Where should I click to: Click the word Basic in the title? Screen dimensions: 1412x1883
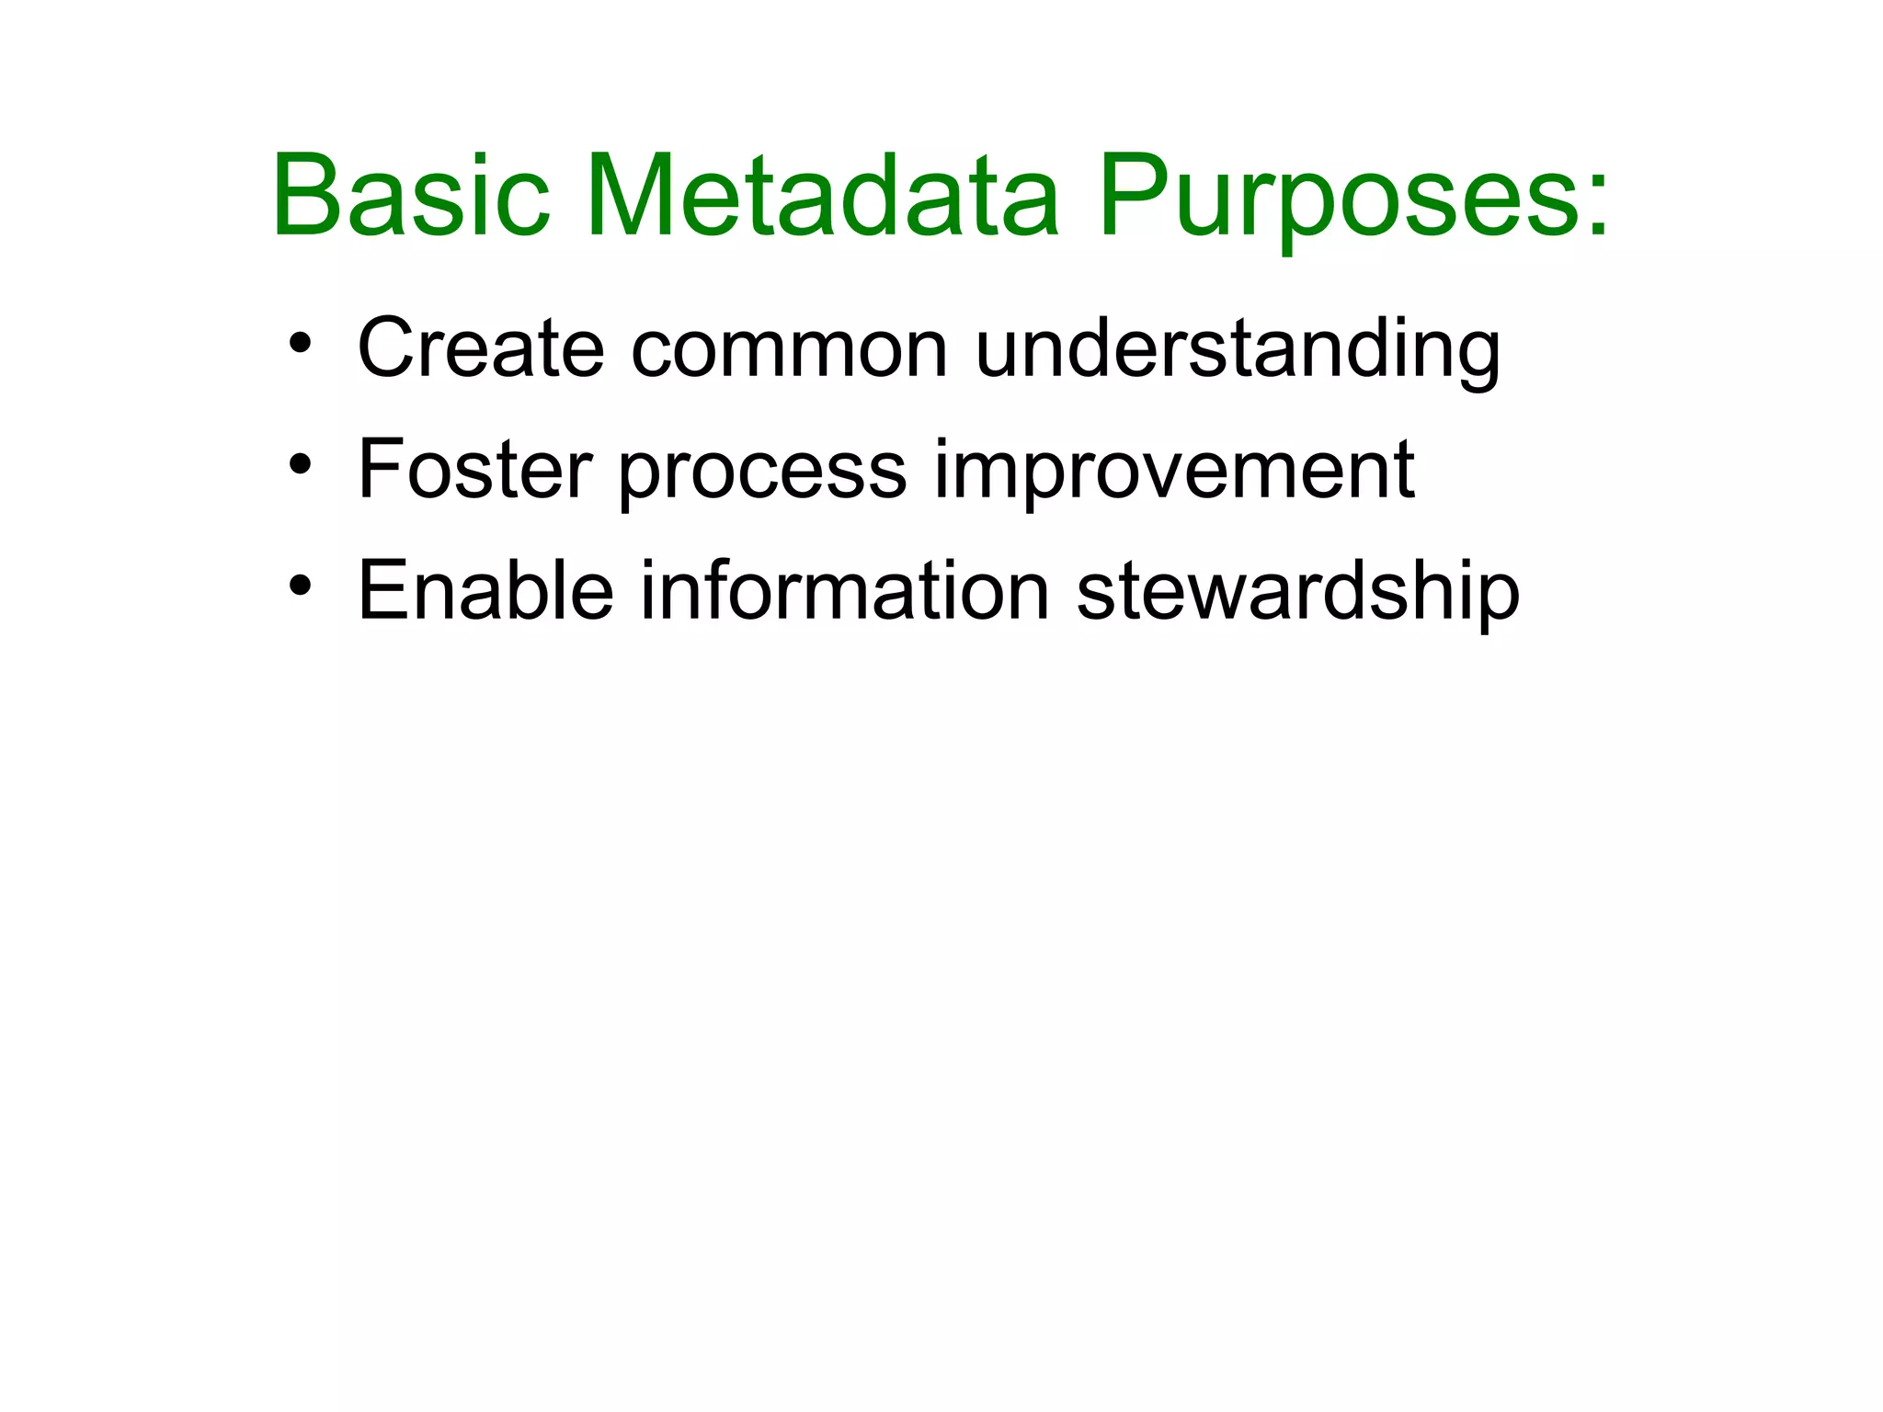[x=411, y=197]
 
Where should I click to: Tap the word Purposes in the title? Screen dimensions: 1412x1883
[x=1324, y=197]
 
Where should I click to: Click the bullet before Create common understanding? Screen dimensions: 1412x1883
[x=300, y=346]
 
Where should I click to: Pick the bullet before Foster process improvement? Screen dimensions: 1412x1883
[x=300, y=466]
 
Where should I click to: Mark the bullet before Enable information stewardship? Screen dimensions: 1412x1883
[x=300, y=587]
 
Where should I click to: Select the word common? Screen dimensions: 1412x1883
[x=788, y=349]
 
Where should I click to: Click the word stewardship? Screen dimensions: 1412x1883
[x=1297, y=593]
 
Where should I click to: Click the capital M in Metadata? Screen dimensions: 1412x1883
[x=634, y=197]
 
